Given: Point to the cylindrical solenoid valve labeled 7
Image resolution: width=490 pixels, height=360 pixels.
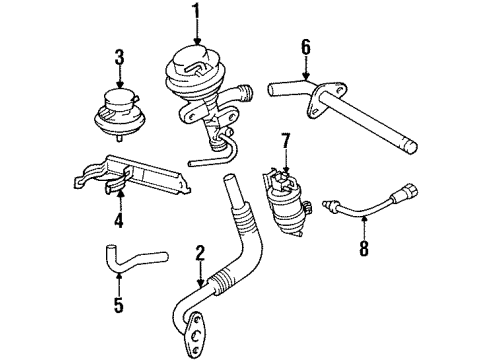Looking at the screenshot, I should tap(284, 200).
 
